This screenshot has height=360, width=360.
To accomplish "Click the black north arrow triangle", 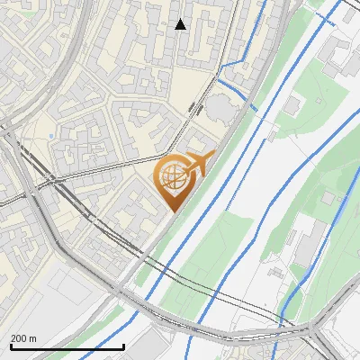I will pos(180,24).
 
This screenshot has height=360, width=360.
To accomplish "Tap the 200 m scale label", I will pos(23,338).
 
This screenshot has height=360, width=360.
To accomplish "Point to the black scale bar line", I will pos(67,346).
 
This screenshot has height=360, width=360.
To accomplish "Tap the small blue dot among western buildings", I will pos(54,137).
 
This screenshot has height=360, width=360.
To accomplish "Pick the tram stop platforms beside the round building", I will pos(195,108).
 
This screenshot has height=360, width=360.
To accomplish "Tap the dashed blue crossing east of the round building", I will pos(254,108).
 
